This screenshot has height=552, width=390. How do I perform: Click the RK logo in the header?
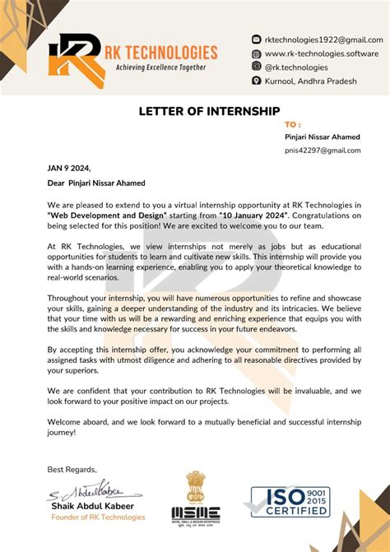coord(73,55)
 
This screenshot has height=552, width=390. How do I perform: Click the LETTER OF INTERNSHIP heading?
coord(209,111)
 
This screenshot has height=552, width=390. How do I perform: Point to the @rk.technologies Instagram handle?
coord(296,67)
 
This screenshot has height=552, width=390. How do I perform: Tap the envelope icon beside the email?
coord(256,39)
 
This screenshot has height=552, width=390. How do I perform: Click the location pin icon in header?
coord(256,81)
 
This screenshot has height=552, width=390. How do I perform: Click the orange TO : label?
coord(293,124)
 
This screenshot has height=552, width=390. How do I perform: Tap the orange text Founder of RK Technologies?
coord(98,517)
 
